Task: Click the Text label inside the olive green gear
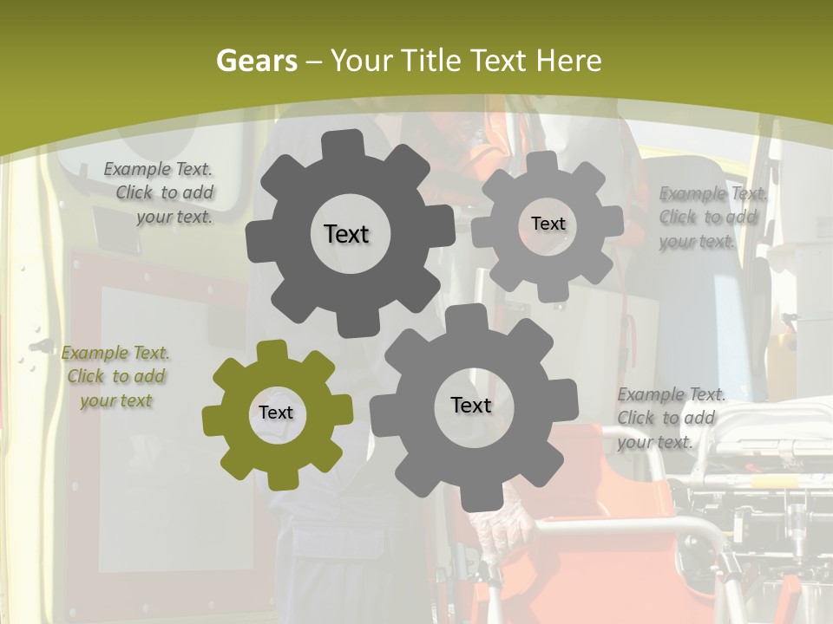[x=276, y=413]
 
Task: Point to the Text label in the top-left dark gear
[x=346, y=234]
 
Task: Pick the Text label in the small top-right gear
[x=548, y=224]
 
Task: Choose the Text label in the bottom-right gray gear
[x=471, y=405]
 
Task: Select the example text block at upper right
[x=712, y=218]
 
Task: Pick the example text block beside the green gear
[x=116, y=376]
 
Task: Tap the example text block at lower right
[x=670, y=419]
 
